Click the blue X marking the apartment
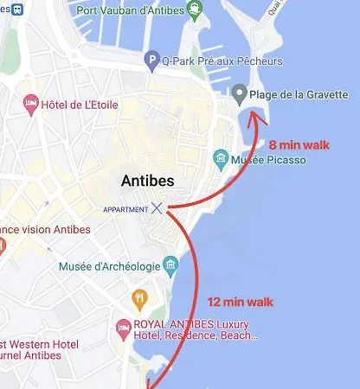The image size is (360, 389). click(157, 207)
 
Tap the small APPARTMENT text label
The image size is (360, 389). click(125, 209)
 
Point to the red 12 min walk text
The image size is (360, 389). click(241, 302)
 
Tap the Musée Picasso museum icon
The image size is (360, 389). click(221, 159)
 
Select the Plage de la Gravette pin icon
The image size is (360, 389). click(240, 93)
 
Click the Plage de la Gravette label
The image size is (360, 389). click(299, 94)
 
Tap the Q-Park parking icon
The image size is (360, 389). click(151, 61)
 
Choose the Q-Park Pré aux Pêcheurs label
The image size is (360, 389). click(222, 61)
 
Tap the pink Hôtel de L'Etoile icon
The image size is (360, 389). click(31, 105)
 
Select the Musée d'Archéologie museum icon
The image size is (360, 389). click(170, 265)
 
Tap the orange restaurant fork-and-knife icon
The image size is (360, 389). click(140, 298)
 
